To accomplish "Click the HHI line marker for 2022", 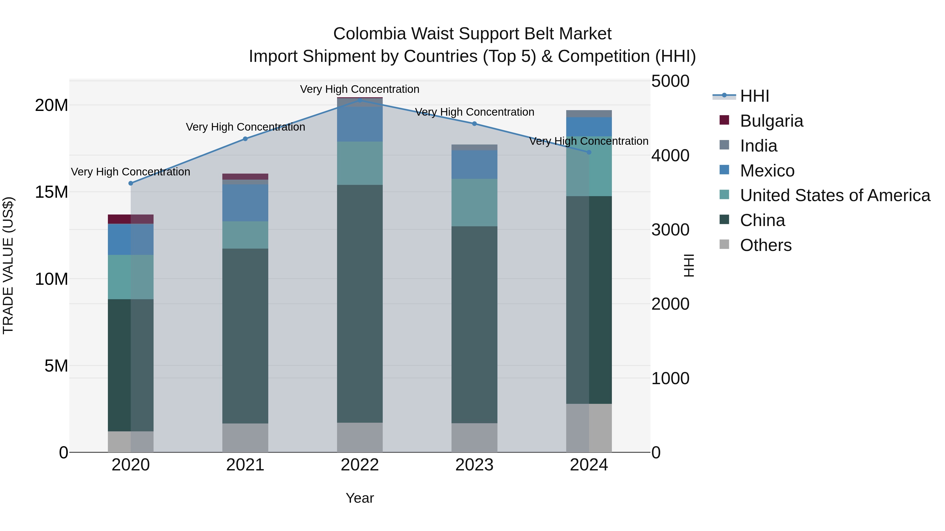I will (x=360, y=100).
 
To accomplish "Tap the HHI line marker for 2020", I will (x=131, y=183).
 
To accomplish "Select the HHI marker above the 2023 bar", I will (x=474, y=124).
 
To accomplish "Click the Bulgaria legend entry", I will (x=771, y=121).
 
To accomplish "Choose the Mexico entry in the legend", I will (x=767, y=171).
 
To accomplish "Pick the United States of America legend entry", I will (x=835, y=195).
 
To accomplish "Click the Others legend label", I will (x=766, y=245).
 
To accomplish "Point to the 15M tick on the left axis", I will (x=51, y=192).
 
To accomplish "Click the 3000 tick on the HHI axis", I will (x=670, y=230).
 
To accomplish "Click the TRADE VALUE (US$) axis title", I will (x=8, y=265).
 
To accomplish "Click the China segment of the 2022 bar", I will (x=360, y=304).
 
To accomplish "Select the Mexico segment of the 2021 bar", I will (x=245, y=203).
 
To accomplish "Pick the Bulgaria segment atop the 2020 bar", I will (x=131, y=219).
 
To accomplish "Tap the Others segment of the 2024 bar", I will (x=589, y=428).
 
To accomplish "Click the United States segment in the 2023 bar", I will (x=474, y=203).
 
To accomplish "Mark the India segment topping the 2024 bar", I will (x=589, y=114).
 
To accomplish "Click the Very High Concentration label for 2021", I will (x=245, y=127).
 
